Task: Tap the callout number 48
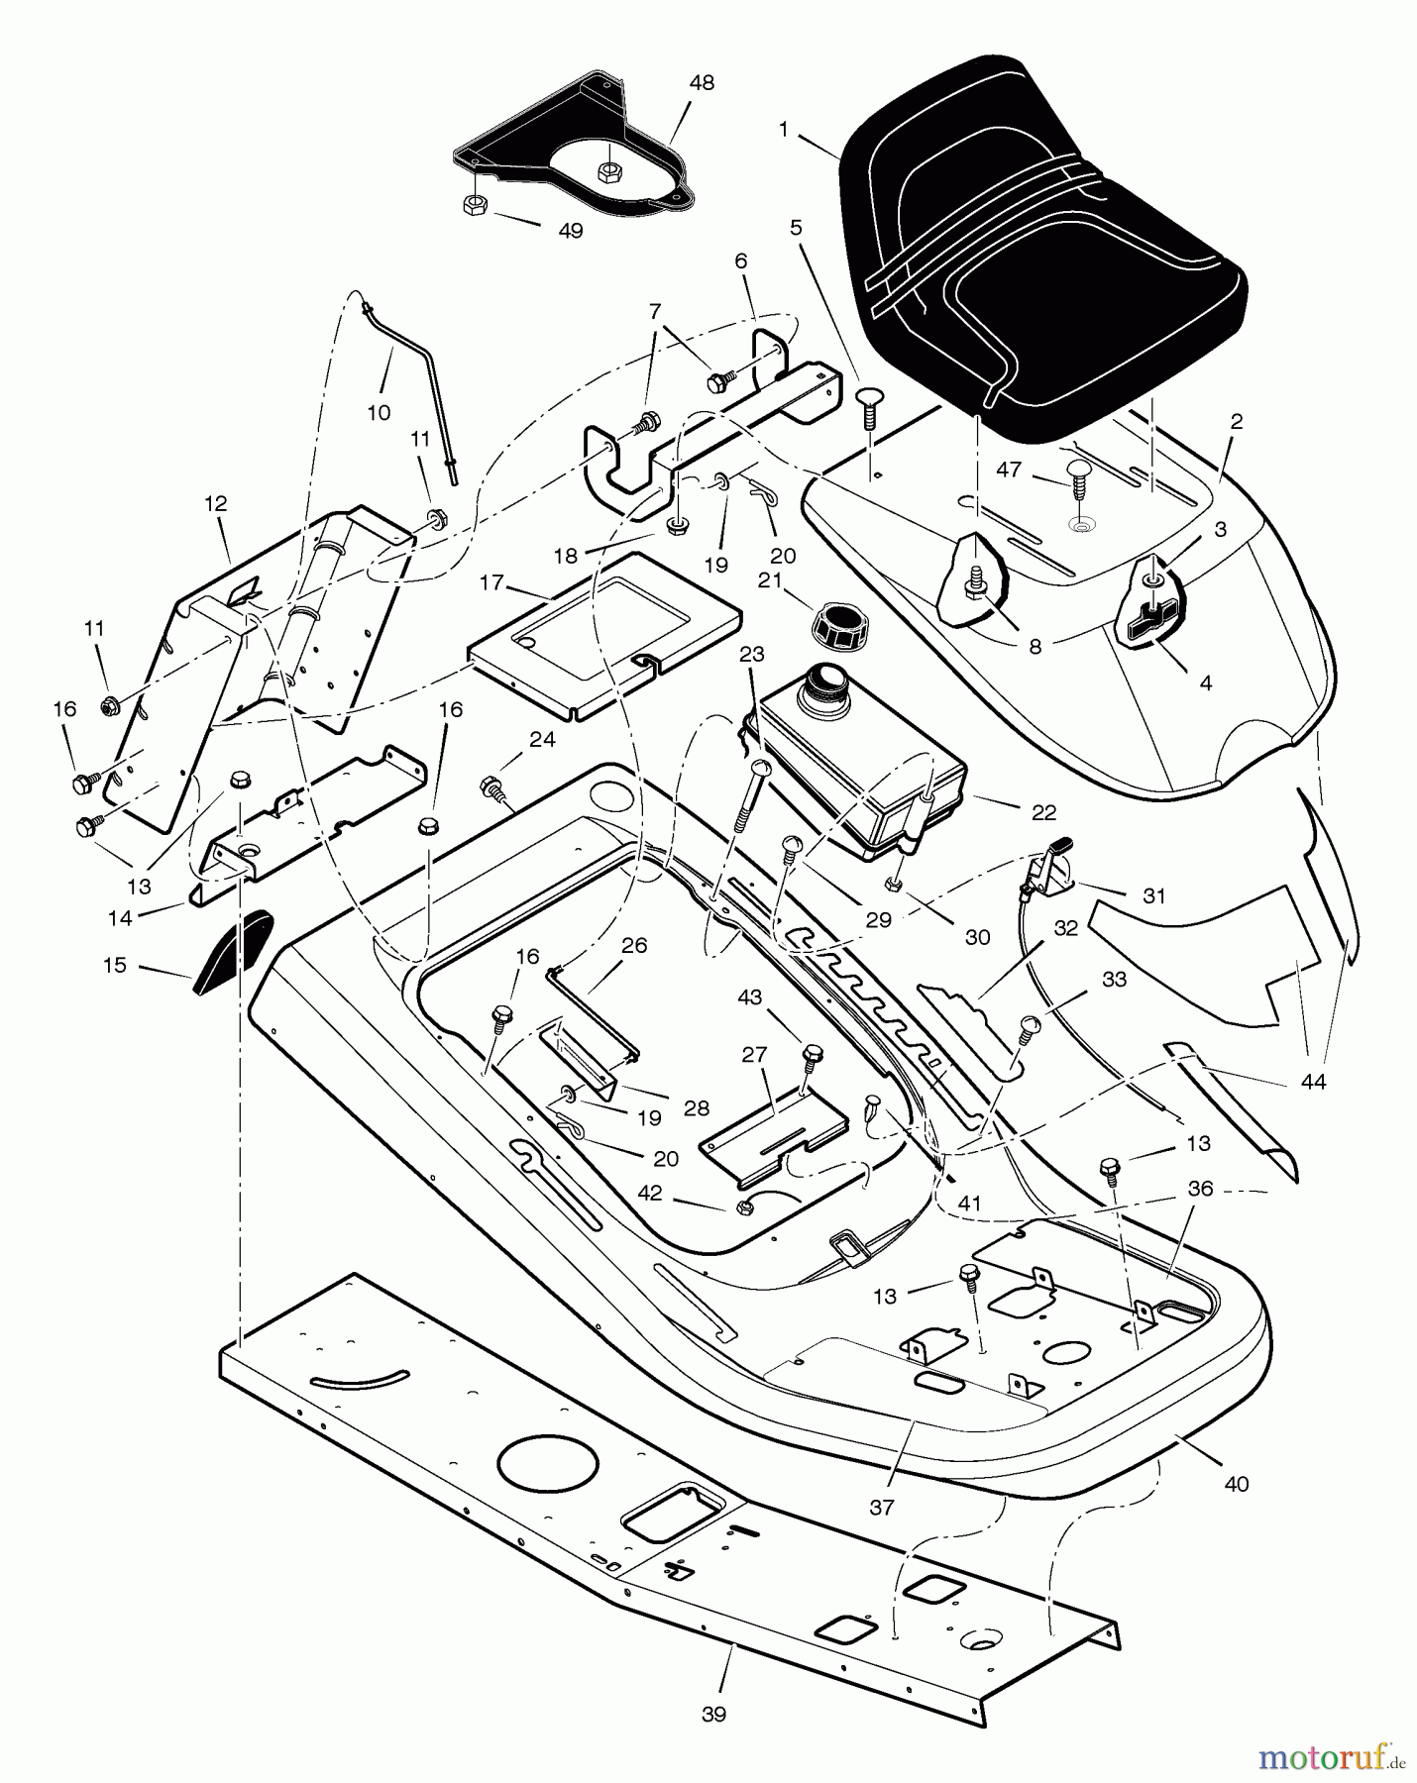pos(702,83)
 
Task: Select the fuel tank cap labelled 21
pos(837,625)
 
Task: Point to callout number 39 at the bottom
pos(713,1715)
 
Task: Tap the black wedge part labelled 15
pos(232,951)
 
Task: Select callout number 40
pos(1237,1483)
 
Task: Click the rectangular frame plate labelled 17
pos(604,634)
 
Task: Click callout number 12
pos(215,503)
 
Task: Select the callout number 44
pos(1312,1082)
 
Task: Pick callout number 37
pos(881,1506)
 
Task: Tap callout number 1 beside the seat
pos(784,130)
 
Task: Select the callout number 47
pos(1009,470)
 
